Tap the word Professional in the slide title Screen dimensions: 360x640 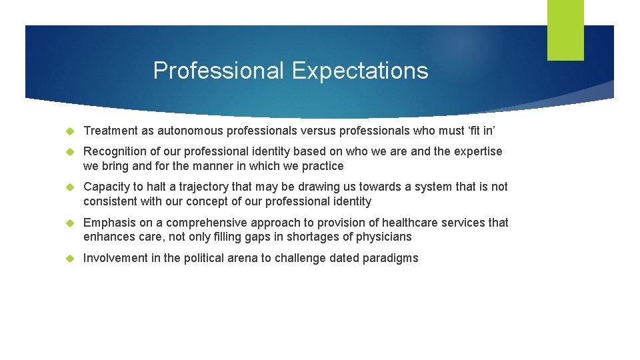pos(218,70)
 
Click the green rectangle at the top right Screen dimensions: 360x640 pos(565,30)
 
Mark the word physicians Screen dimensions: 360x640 pos(385,237)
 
